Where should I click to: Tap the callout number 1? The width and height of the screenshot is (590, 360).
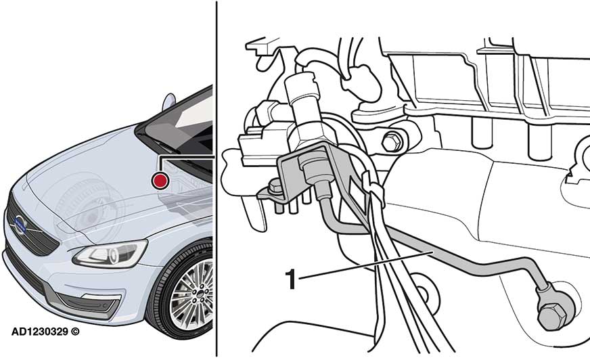[292, 278]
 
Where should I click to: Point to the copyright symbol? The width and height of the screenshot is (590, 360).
[75, 332]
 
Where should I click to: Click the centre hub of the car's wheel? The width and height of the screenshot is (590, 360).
[199, 300]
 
